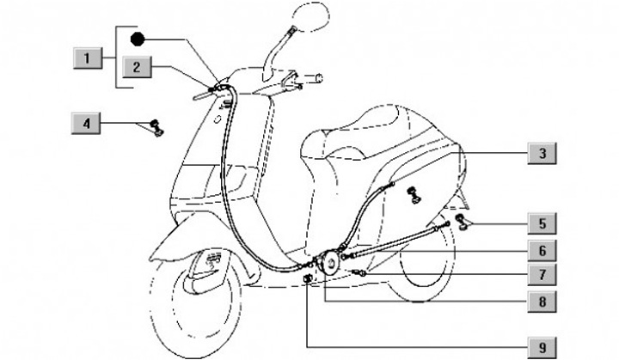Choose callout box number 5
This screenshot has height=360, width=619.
click(542, 224)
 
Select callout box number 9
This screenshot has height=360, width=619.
click(542, 347)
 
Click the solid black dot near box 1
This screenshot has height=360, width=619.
click(137, 39)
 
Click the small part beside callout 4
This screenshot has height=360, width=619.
click(156, 128)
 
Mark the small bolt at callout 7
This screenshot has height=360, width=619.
click(360, 272)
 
